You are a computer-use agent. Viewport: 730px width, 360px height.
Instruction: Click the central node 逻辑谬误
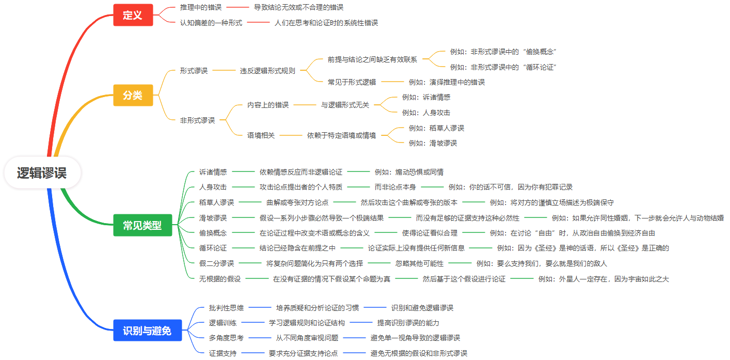[x=42, y=173]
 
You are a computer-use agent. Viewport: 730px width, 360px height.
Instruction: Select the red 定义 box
[x=133, y=15]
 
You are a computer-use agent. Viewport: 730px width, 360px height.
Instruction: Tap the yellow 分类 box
[x=133, y=96]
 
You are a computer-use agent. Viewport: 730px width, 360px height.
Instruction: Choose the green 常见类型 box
[x=142, y=226]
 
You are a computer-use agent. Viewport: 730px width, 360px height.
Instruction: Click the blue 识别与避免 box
[x=147, y=331]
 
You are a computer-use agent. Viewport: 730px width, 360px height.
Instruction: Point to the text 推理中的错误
[x=201, y=7]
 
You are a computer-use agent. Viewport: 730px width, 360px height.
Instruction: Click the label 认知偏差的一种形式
[x=211, y=23]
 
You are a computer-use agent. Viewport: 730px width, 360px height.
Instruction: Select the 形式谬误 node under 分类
[x=194, y=71]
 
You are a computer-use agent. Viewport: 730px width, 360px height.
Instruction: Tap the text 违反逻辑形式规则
[x=267, y=71]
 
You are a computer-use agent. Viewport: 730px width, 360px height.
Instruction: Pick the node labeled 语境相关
[x=261, y=135]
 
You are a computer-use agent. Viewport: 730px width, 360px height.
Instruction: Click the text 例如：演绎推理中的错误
[x=447, y=82]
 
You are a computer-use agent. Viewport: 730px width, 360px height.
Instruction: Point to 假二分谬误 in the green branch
[x=216, y=263]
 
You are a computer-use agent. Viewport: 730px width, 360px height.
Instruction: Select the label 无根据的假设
[x=220, y=279]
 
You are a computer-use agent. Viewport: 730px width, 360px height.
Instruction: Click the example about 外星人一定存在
[x=604, y=279]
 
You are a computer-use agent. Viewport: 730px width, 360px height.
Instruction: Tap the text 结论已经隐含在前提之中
[x=297, y=248]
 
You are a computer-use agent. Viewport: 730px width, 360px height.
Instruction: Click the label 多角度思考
[x=226, y=338]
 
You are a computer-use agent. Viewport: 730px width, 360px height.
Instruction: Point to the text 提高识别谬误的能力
[x=408, y=323]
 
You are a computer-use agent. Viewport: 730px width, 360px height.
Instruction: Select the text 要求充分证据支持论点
[x=303, y=353]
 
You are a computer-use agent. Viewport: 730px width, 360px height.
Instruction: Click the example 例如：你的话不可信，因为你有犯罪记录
[x=511, y=187]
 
